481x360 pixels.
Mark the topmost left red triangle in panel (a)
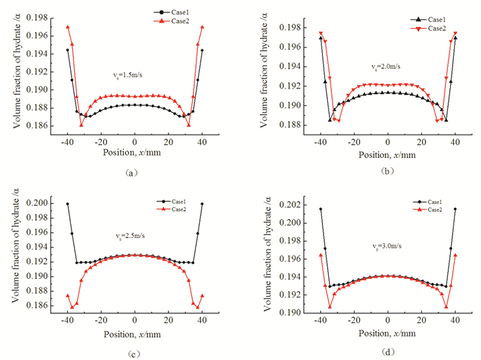coord(67,27)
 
